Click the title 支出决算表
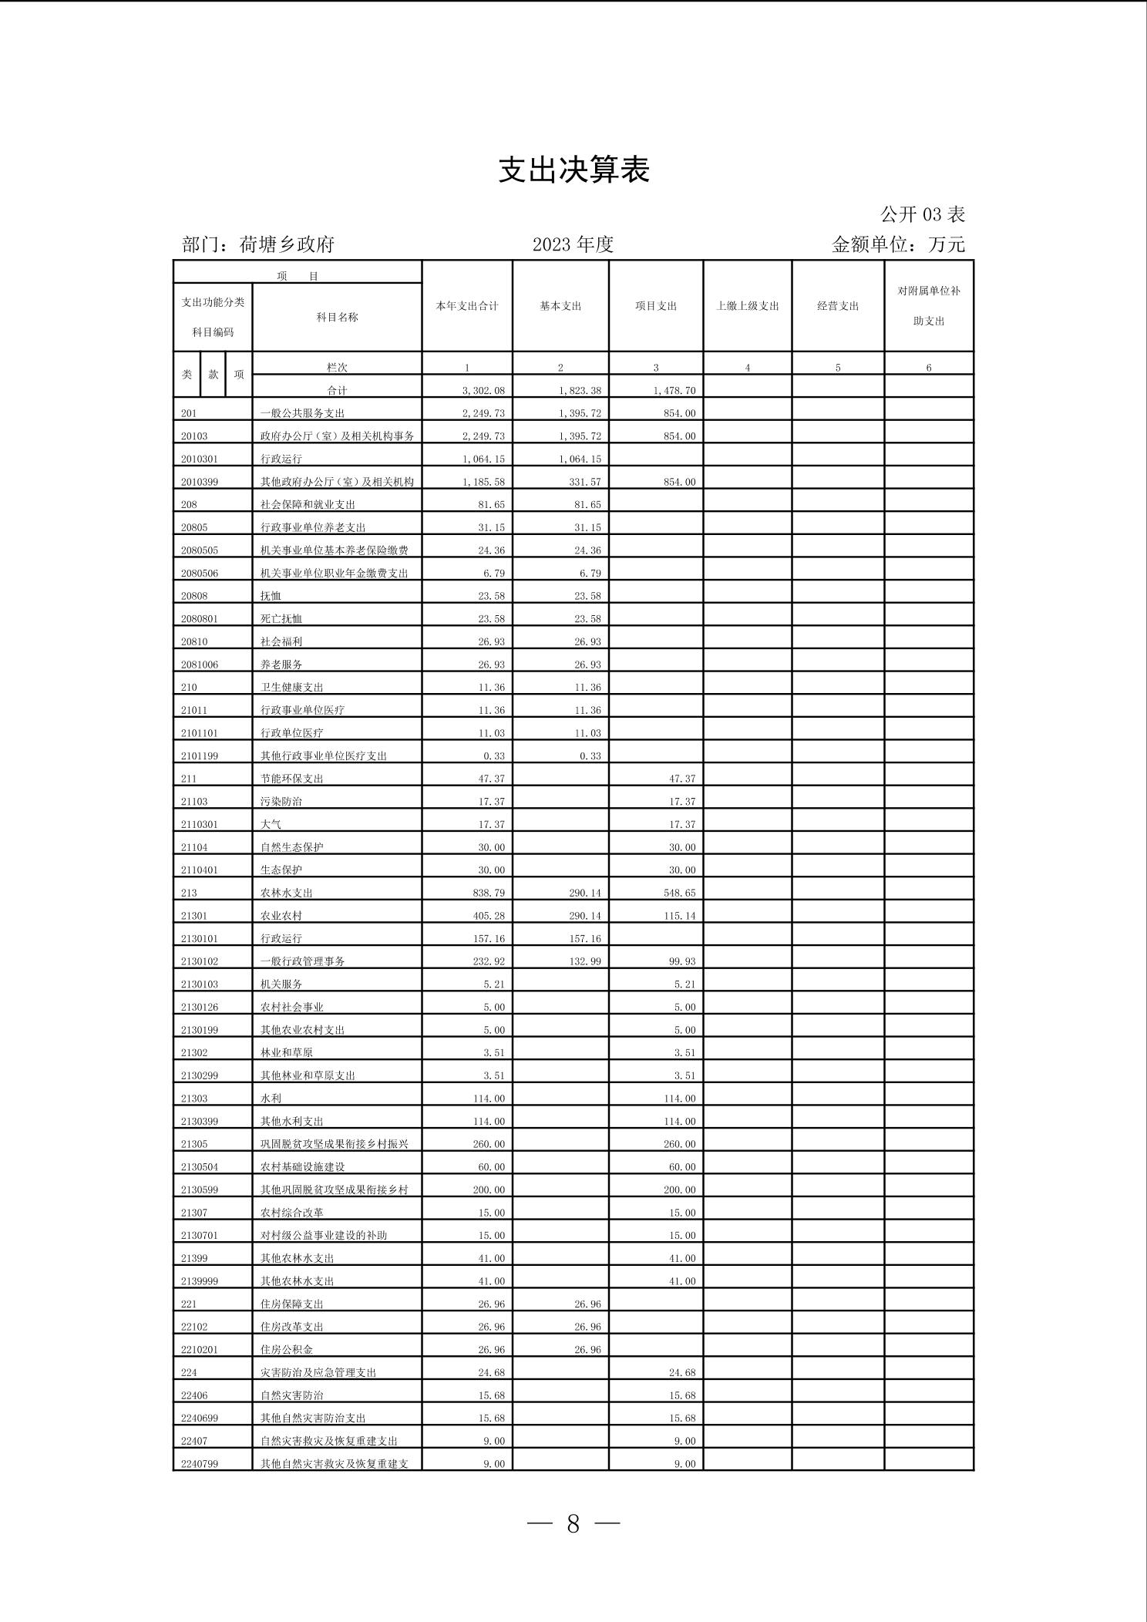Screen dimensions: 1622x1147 (573, 170)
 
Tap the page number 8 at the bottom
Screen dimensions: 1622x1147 (573, 1523)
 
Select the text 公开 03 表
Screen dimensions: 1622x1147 (923, 214)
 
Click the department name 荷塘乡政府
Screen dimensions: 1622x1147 (287, 244)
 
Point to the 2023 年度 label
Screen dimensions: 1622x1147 (573, 244)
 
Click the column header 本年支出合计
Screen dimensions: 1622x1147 (467, 306)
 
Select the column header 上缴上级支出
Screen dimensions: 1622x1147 (748, 306)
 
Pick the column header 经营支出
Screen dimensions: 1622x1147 (838, 306)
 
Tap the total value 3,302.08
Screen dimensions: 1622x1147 (483, 391)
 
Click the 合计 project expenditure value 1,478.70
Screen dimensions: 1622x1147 (674, 391)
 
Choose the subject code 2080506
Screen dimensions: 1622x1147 (200, 574)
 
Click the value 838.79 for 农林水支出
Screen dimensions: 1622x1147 (491, 893)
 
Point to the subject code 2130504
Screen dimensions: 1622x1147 (200, 1167)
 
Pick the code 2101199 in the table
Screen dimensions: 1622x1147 (200, 756)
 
